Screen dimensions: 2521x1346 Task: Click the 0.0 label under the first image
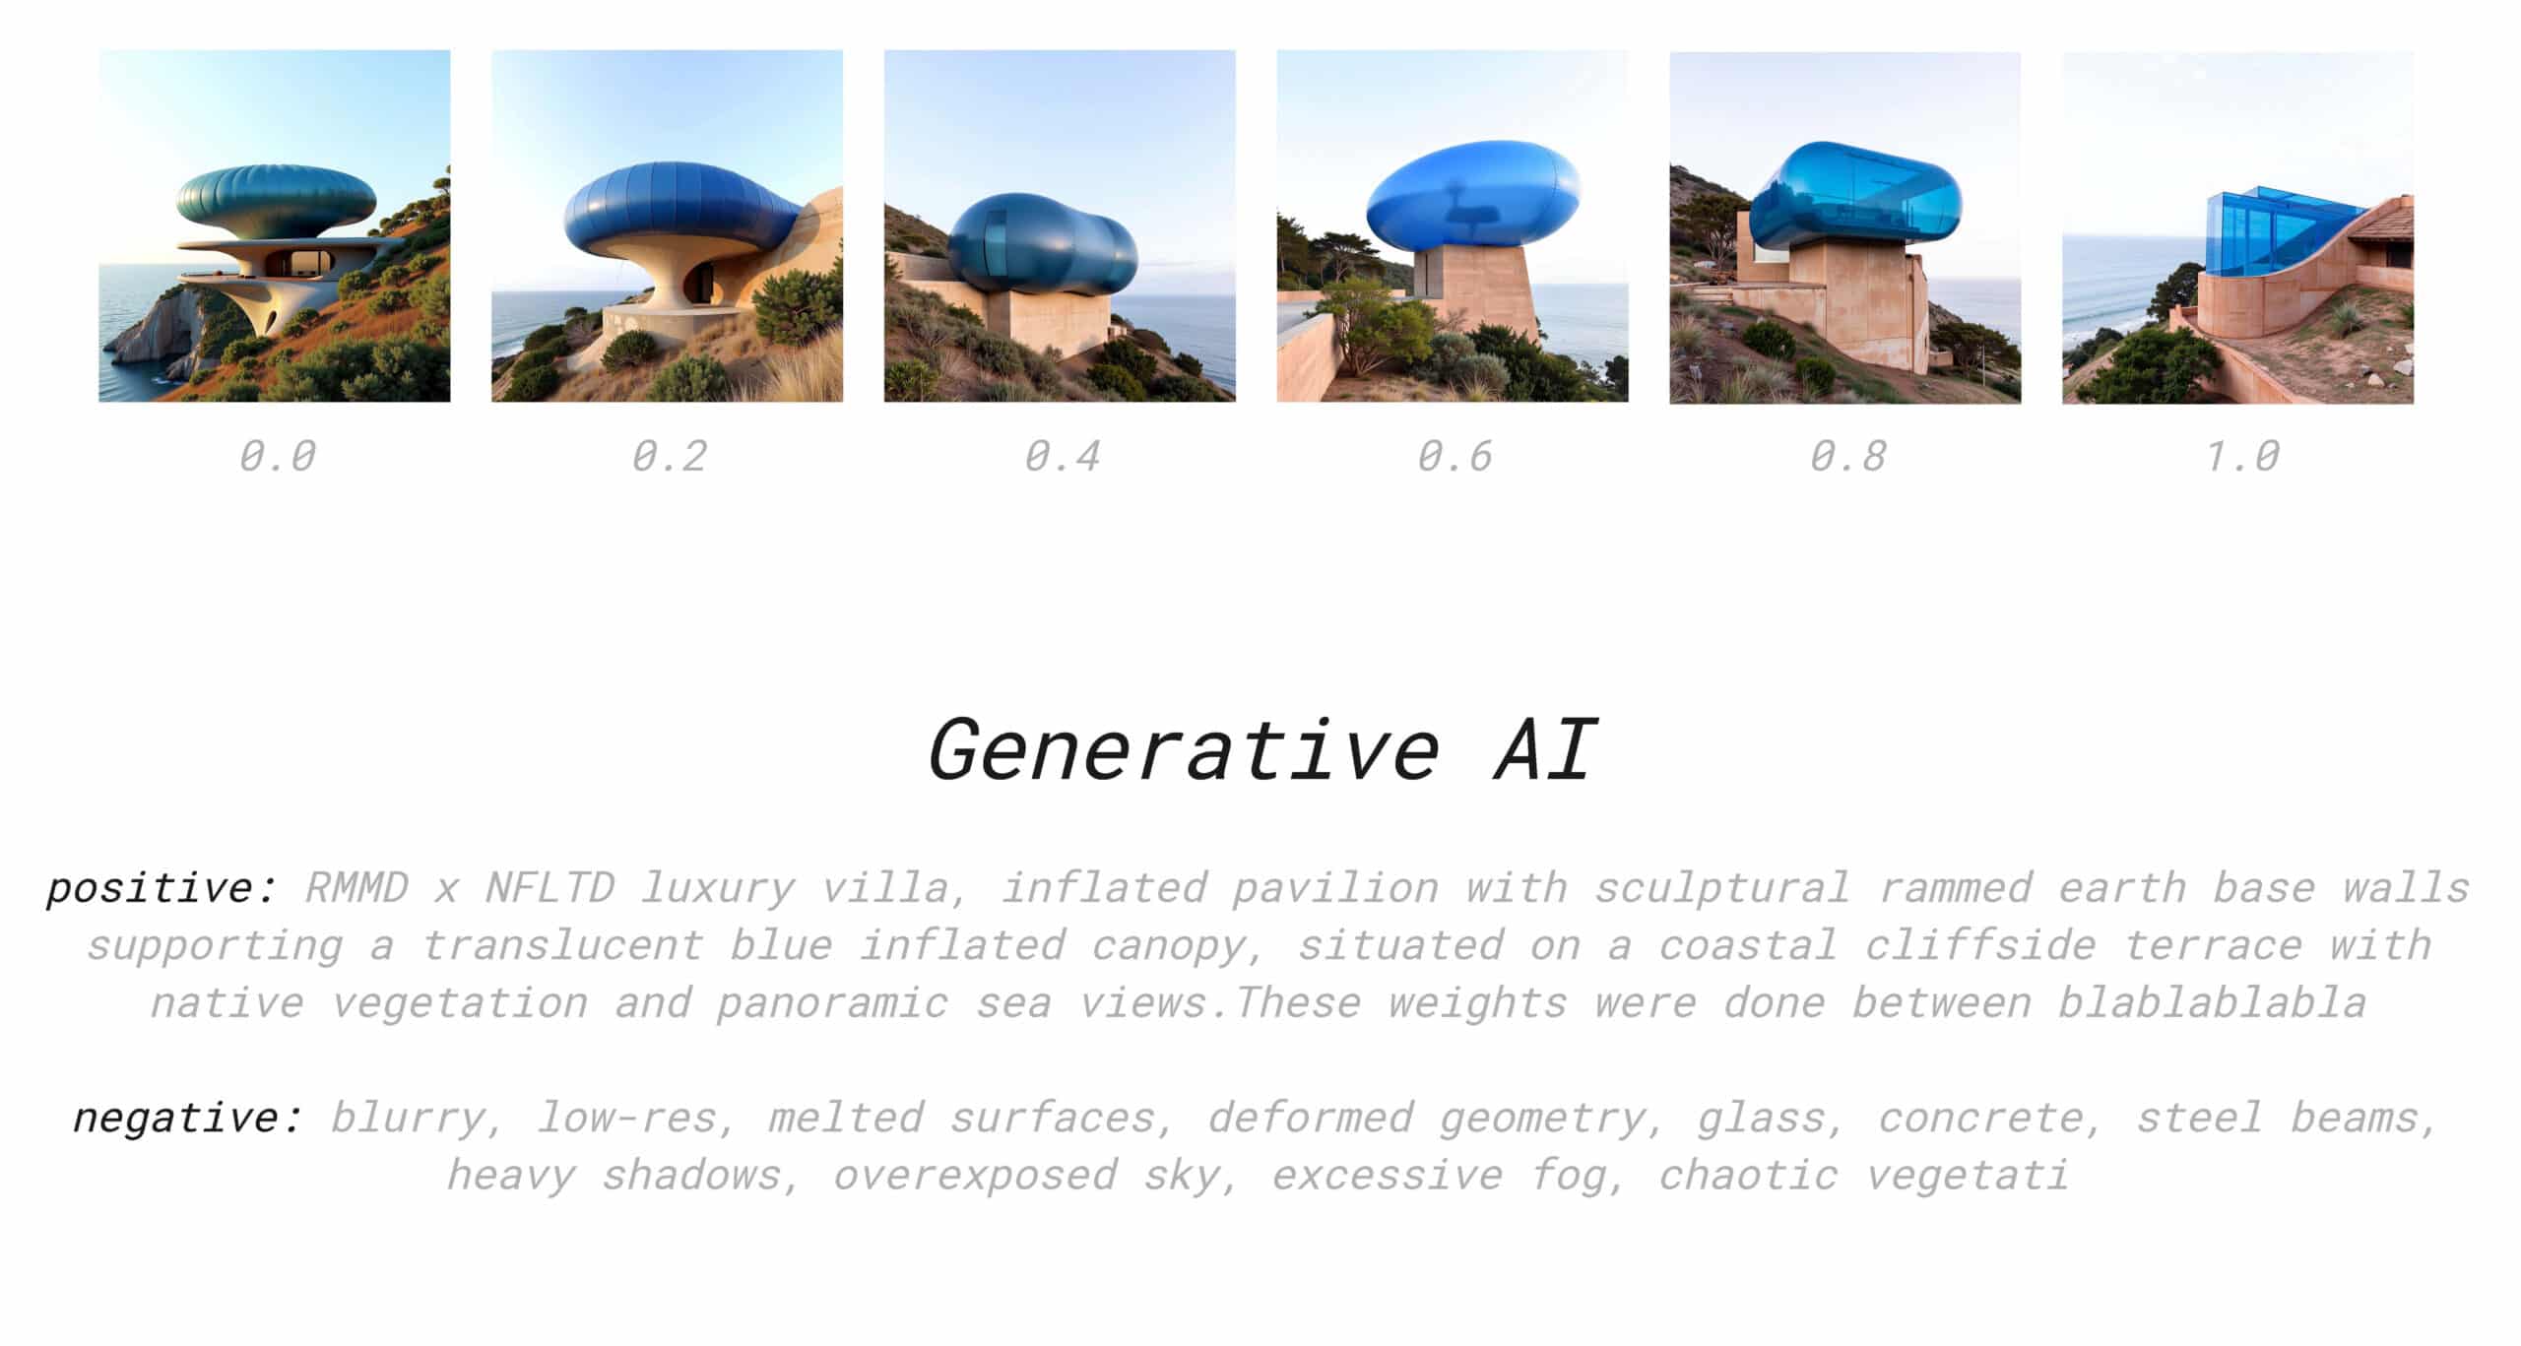pos(277,456)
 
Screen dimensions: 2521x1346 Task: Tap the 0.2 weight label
pos(670,456)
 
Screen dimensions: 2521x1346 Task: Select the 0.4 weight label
pos(1063,456)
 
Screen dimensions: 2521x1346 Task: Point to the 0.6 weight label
pos(1454,456)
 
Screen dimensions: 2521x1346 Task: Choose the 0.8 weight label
pos(1847,456)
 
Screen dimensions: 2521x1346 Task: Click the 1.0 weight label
pos(2241,456)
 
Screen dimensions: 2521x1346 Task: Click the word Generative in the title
pos(1185,750)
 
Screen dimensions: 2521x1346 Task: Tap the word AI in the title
pos(1544,750)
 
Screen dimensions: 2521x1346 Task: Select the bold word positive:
pos(162,889)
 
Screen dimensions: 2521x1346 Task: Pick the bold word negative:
pos(188,1118)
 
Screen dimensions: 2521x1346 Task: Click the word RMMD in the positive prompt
pos(356,888)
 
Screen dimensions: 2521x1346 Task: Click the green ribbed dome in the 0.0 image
pos(277,202)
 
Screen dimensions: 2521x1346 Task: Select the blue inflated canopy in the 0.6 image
pos(1473,196)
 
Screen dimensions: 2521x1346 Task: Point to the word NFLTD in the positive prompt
pos(549,888)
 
